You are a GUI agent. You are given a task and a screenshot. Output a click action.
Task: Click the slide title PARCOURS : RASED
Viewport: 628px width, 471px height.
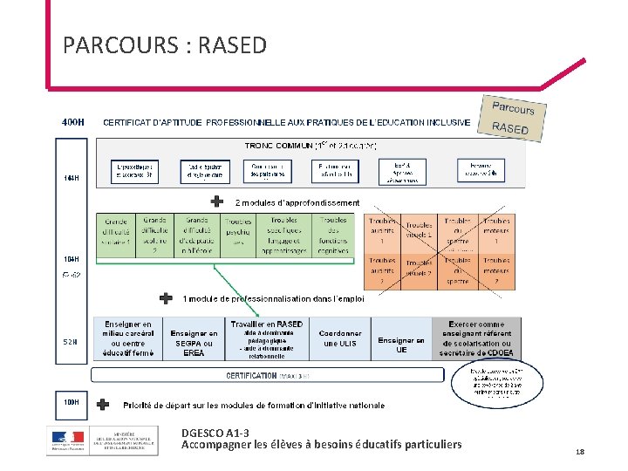tap(165, 45)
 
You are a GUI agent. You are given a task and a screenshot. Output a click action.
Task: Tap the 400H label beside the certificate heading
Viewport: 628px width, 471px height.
tap(73, 122)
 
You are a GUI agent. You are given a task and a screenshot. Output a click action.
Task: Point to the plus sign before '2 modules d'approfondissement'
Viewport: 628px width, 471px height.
tap(217, 201)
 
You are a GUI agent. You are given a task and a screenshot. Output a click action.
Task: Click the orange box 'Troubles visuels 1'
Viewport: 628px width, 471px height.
tap(419, 231)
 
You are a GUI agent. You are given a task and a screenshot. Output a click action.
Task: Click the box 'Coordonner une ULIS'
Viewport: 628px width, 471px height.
tap(340, 338)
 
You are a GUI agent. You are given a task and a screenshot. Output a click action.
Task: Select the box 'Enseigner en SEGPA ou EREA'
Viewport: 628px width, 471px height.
tap(195, 342)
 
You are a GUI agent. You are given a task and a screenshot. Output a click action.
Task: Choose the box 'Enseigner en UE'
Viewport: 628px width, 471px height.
tap(401, 345)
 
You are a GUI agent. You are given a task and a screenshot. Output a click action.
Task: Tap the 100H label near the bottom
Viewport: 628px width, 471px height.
tap(72, 403)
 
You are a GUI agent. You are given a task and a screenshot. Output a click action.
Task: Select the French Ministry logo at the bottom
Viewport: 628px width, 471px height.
tap(103, 440)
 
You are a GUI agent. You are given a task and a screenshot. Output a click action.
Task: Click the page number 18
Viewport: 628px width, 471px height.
tap(580, 451)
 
